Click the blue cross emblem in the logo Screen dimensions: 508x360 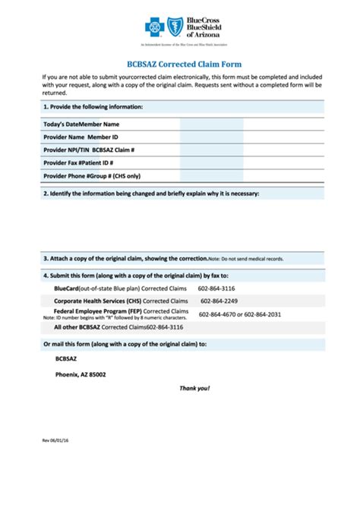pyautogui.click(x=155, y=28)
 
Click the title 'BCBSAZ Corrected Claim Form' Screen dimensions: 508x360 pyautogui.click(x=179, y=65)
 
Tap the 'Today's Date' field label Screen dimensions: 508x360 pyautogui.click(x=62, y=124)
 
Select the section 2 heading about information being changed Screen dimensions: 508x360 pyautogui.click(x=151, y=194)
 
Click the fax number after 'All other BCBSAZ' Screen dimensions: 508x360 pyautogui.click(x=165, y=327)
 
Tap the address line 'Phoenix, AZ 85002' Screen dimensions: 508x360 pyautogui.click(x=81, y=374)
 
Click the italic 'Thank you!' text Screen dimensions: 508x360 pyautogui.click(x=194, y=388)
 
